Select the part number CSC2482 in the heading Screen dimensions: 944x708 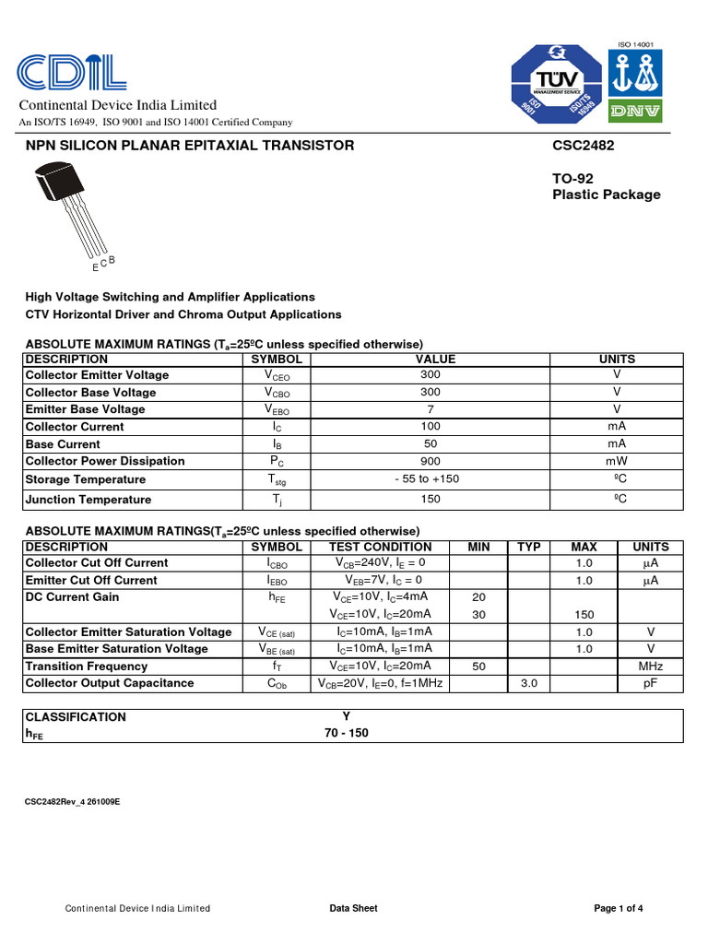584,145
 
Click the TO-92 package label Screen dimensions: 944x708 574,178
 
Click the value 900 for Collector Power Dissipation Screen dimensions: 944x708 430,461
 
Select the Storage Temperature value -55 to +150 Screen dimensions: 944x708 426,479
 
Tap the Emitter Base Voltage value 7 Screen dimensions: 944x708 430,409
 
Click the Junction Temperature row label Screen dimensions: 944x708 88,500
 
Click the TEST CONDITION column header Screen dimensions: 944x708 381,547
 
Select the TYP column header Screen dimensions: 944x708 529,547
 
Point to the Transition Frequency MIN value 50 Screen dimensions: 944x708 478,666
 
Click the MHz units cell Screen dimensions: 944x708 651,666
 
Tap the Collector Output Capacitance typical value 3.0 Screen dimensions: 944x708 529,683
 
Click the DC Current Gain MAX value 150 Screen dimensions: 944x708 584,614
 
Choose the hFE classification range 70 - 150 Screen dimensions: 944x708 347,734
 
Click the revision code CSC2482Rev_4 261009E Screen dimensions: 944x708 72,802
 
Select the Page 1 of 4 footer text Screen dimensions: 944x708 619,908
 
